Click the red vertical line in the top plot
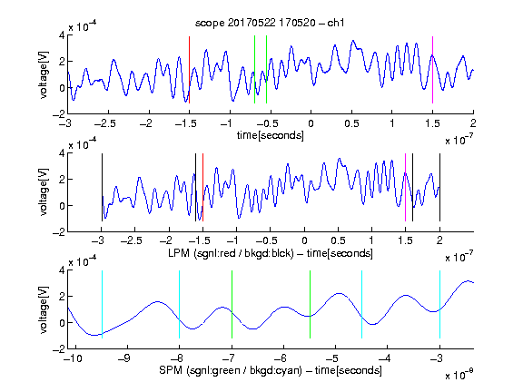click(189, 70)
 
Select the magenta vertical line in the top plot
click(432, 70)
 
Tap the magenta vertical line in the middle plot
click(405, 187)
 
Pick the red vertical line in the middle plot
click(202, 187)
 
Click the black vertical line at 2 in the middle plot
click(439, 187)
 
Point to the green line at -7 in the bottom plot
click(232, 304)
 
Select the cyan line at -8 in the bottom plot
click(180, 304)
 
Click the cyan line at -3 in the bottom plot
click(439, 304)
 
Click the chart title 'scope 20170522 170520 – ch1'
click(270, 23)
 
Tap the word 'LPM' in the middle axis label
click(179, 253)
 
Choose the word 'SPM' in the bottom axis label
click(171, 370)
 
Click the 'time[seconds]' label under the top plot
click(271, 135)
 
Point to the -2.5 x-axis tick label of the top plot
click(105, 123)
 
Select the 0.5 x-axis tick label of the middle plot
click(338, 240)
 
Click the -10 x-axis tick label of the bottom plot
click(72, 358)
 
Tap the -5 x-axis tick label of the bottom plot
click(332, 358)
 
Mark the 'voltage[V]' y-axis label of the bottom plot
click(44, 309)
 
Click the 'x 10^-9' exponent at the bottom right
click(459, 375)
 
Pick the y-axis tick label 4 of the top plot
click(62, 35)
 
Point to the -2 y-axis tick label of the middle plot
click(58, 232)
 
